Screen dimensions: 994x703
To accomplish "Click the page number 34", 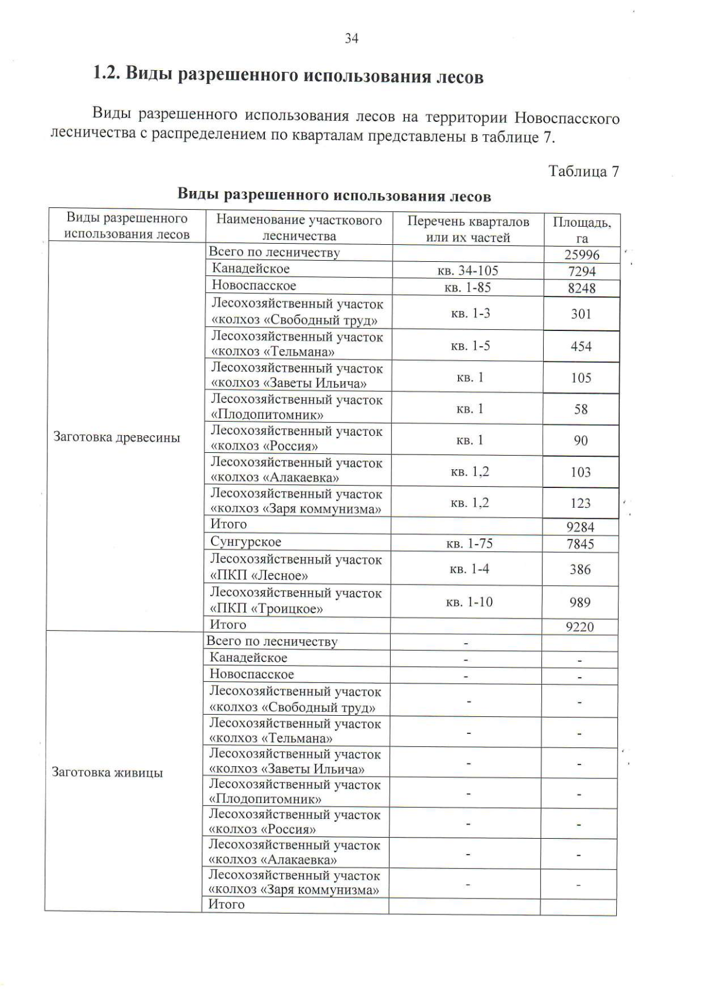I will coord(351,39).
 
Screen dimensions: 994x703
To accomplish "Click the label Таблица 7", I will coord(583,171).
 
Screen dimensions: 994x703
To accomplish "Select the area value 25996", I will coord(582,255).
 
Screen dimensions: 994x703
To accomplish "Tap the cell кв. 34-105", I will coord(467,271).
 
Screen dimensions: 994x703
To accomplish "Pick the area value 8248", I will coord(581,288).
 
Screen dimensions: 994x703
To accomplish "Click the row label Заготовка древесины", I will coord(117,438).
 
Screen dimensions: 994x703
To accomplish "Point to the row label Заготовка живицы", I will coord(107,772).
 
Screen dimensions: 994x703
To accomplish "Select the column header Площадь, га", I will coord(582,230).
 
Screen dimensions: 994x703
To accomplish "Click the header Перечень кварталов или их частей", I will coord(467,229).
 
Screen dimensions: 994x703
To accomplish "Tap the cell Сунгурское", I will coord(245,542).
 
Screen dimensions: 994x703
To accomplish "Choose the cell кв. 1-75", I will coord(469,544).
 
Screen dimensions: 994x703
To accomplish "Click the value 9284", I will coord(581,527).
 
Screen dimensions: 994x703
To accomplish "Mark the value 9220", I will coord(579,627).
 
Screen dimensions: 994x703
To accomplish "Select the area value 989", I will coord(580,602).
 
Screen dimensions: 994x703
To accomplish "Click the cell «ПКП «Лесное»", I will coord(259,575).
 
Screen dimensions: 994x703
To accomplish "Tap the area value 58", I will coord(581,409).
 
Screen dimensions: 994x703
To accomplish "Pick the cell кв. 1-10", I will coord(469,602).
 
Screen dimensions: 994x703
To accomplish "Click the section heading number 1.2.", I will coord(105,74).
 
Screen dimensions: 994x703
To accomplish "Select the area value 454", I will coord(581,346).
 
